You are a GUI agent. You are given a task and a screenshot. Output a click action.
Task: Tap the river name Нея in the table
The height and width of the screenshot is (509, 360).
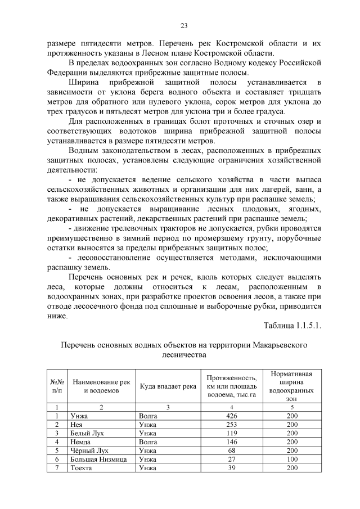click(x=76, y=424)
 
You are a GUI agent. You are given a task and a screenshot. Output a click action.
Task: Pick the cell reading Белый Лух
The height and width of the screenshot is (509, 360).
click(x=87, y=433)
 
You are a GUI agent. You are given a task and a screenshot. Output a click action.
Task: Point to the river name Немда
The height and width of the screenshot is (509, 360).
click(x=80, y=442)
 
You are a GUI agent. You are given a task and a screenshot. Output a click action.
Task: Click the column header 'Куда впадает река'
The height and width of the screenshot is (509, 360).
click(x=168, y=386)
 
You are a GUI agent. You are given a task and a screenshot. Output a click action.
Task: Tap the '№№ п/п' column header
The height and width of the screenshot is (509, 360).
click(x=57, y=386)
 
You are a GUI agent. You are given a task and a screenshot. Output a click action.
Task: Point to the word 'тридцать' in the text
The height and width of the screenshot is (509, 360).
click(x=304, y=92)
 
